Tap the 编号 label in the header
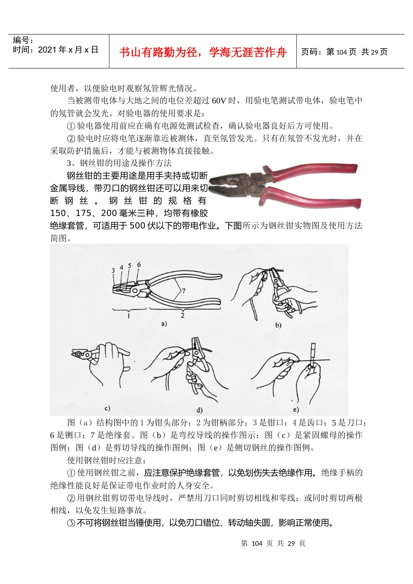click(23, 40)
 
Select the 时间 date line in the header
click(55, 50)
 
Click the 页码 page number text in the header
click(344, 52)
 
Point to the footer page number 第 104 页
click(273, 544)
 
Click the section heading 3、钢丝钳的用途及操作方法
click(119, 163)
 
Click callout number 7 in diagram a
click(183, 291)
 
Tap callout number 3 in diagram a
click(113, 271)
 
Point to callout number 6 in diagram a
click(139, 265)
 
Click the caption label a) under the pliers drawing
click(164, 323)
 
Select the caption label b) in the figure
click(278, 325)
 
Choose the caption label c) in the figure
click(107, 408)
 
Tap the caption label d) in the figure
click(200, 410)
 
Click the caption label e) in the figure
click(296, 409)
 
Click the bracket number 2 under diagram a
click(183, 315)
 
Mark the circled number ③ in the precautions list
click(71, 523)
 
